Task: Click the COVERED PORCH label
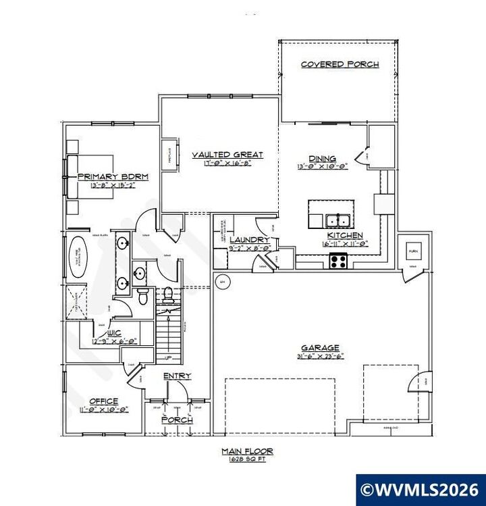[x=340, y=65]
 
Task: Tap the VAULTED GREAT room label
[x=217, y=155]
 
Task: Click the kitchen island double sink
[x=336, y=220]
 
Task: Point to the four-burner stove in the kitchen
[x=337, y=260]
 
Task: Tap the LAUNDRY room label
[x=249, y=240]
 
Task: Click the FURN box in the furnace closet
[x=413, y=251]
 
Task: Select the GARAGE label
[x=321, y=348]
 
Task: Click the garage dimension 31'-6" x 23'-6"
[x=321, y=357]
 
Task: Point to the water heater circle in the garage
[x=220, y=280]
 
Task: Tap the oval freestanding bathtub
[x=78, y=256]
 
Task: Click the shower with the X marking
[x=76, y=301]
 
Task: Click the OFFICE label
[x=104, y=401]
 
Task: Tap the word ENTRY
[x=177, y=376]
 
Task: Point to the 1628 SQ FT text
[x=246, y=458]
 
